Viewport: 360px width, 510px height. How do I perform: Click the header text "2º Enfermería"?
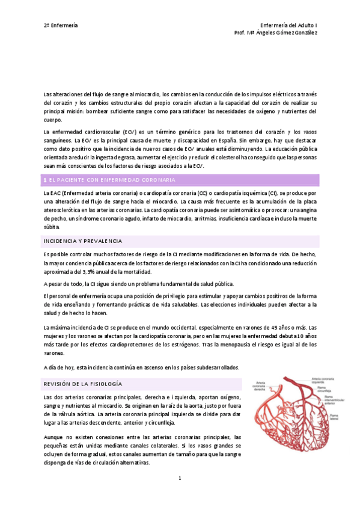tap(61, 25)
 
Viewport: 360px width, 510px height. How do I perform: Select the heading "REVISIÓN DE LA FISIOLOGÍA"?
tap(83, 383)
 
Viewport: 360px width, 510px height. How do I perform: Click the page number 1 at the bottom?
tap(180, 478)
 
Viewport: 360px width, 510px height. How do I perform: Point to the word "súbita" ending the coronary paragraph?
tap(52, 228)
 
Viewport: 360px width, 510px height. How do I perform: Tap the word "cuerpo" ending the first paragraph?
tap(53, 120)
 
